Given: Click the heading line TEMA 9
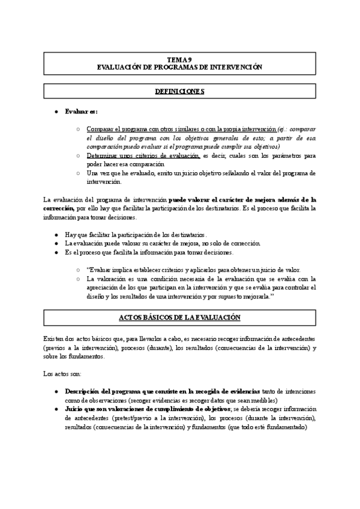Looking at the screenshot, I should [179, 60].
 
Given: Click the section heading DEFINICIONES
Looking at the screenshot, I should [179, 91].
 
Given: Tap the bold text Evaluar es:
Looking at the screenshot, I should [80, 112].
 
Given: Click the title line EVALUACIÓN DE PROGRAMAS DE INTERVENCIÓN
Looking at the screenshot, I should [179, 68].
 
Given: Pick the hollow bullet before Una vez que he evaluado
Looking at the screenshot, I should [78, 173].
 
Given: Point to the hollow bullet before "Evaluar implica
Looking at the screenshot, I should [78, 270].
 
